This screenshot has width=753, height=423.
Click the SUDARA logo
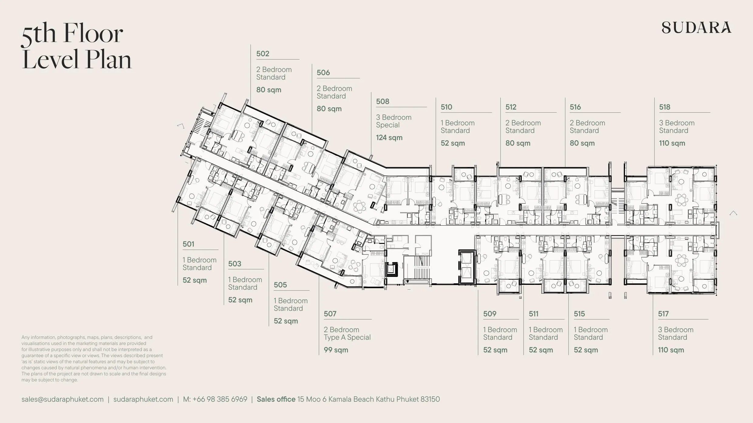[x=697, y=27]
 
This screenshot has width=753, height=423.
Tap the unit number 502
[x=263, y=54]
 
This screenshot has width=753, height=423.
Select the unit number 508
[x=383, y=101]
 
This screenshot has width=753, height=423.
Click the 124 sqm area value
[x=389, y=138]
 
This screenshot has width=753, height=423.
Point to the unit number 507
[x=330, y=314]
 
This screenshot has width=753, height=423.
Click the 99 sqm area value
[x=336, y=350]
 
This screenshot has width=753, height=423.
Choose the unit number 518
[x=665, y=107]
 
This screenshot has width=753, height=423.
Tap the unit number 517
[x=663, y=314]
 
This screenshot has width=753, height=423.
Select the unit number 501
[x=188, y=244]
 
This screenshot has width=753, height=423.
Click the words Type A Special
[x=347, y=337]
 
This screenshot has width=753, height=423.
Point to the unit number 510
[x=446, y=107]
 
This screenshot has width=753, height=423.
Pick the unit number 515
[x=579, y=314]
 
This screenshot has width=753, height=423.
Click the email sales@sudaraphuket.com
[x=63, y=399]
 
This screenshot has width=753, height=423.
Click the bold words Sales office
[x=276, y=399]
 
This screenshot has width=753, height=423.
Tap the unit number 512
[x=511, y=107]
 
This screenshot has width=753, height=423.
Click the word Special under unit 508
[x=388, y=125]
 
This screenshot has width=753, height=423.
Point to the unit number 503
[x=235, y=264]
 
